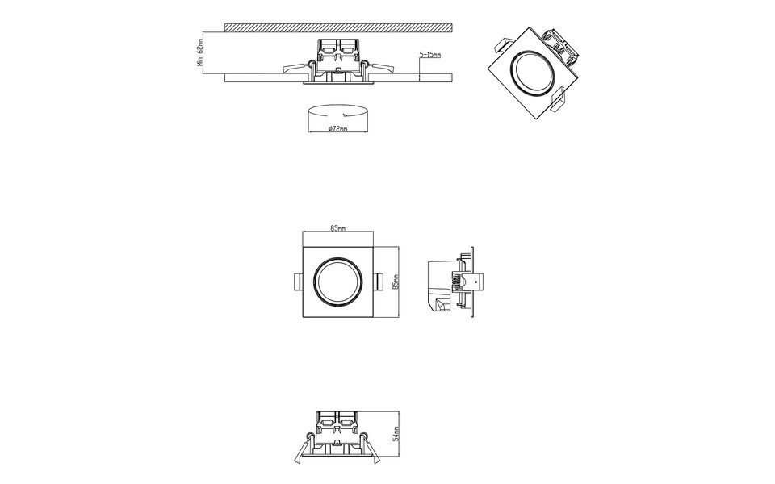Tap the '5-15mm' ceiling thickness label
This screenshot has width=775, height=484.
coord(429,54)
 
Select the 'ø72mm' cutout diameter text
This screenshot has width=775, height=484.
coord(337,129)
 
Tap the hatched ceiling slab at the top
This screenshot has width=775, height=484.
coord(339,27)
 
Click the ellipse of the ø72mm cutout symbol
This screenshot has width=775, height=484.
coord(338,110)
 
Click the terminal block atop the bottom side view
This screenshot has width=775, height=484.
coord(337,420)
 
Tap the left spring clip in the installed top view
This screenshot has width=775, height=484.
coord(294,68)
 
